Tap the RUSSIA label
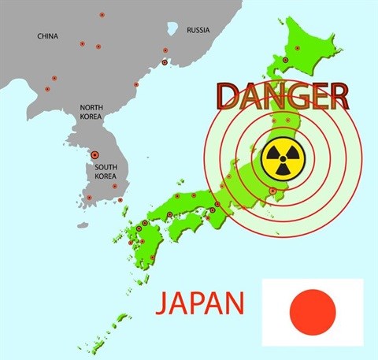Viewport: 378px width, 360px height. [198, 30]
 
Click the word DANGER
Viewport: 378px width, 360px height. [281, 96]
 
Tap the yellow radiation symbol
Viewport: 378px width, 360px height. [279, 160]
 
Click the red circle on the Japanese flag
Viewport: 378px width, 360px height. [313, 310]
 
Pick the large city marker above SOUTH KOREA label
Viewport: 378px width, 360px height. [96, 155]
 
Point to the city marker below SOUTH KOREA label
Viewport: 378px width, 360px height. [115, 187]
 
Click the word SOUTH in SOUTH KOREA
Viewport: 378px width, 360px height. [106, 166]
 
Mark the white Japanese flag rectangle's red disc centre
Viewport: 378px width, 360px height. [313, 310]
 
